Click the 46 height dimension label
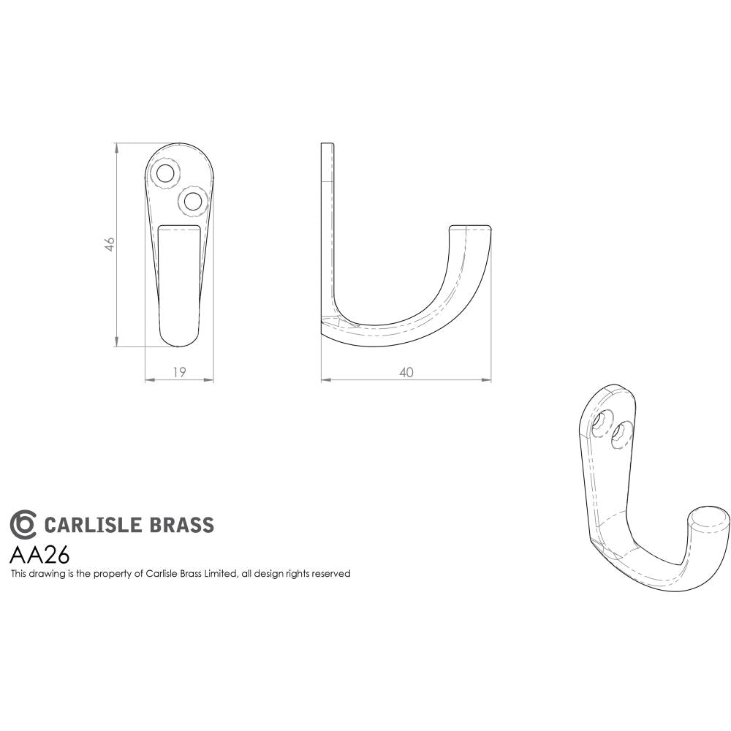[x=110, y=244]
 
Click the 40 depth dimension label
[x=406, y=372]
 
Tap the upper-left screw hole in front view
[x=166, y=173]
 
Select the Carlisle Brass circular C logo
[x=23, y=524]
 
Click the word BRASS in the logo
[x=182, y=525]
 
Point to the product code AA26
[x=39, y=554]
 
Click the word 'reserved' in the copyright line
[x=331, y=574]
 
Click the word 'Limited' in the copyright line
[x=220, y=574]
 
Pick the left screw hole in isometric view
[x=604, y=422]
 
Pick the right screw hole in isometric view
[x=621, y=432]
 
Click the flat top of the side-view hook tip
[x=470, y=226]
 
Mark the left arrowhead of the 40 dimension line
[x=325, y=380]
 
